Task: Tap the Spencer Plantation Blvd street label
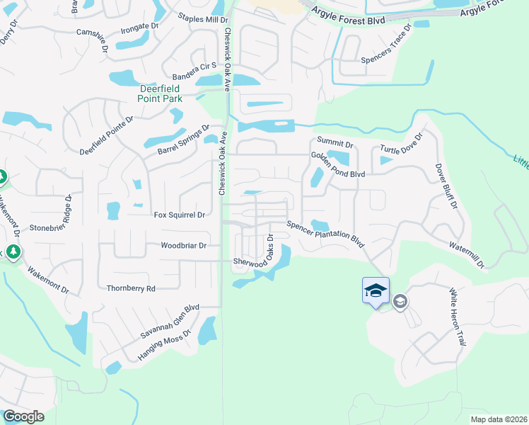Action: point(325,234)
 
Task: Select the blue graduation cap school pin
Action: point(376,290)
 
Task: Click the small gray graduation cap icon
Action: point(400,302)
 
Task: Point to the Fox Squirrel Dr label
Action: point(179,214)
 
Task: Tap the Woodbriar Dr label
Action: point(183,246)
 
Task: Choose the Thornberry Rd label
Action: point(130,288)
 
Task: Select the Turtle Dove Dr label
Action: point(401,144)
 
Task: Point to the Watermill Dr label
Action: point(466,254)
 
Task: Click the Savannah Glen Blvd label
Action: point(170,322)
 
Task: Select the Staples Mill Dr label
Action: point(202,18)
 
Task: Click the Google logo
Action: point(23,416)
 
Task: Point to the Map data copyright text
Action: point(498,419)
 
